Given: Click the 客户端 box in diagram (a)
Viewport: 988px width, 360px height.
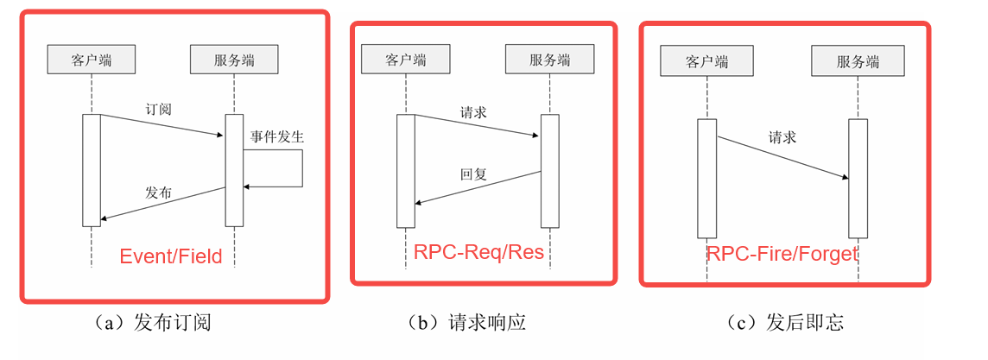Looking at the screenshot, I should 91,60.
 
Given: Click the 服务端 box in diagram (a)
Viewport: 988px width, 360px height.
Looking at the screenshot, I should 234,60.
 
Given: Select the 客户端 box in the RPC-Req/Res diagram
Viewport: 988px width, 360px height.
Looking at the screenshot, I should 406,60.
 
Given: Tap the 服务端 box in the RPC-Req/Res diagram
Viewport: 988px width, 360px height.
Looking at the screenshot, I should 549,60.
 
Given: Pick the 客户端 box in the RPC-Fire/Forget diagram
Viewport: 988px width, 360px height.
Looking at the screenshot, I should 706,61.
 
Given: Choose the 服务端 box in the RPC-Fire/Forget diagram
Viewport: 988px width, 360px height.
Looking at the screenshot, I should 858,61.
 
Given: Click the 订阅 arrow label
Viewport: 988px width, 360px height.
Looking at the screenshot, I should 158,110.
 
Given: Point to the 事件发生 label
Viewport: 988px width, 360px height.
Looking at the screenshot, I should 277,136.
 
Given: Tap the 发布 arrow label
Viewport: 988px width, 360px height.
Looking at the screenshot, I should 158,193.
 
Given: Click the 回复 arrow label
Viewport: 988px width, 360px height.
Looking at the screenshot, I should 473,174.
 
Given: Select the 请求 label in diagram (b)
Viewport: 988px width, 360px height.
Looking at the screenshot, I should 473,112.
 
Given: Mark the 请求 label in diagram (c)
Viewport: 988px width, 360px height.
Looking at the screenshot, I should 782,137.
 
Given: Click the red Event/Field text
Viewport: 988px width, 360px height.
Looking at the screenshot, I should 170,256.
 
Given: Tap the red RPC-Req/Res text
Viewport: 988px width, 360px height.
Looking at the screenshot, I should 478,252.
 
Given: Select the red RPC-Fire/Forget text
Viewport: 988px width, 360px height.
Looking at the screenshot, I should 782,254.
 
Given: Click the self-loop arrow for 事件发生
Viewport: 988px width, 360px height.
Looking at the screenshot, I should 301,168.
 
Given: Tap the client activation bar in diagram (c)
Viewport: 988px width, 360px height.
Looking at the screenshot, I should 706,178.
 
